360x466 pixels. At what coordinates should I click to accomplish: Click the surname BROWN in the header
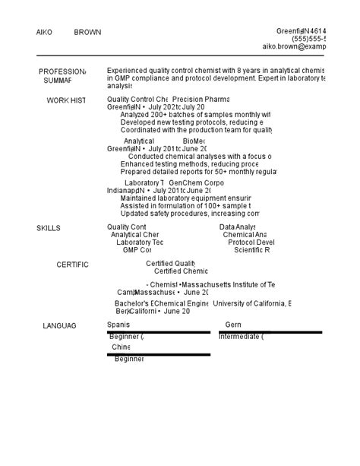point(87,33)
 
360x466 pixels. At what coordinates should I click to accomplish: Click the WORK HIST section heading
point(66,100)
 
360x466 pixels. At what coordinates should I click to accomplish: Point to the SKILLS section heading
point(49,228)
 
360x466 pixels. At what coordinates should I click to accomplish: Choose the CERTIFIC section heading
point(72,265)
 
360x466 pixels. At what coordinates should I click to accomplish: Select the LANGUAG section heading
point(59,325)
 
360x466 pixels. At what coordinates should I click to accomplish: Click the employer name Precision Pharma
point(201,100)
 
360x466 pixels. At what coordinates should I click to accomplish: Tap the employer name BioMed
point(194,141)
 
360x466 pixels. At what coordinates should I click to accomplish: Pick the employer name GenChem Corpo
point(196,183)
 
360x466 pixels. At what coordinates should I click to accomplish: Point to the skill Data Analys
point(238,227)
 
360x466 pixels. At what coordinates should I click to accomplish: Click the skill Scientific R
point(252,250)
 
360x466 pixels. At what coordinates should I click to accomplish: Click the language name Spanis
point(118,325)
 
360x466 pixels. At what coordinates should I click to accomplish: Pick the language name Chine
point(121,347)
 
